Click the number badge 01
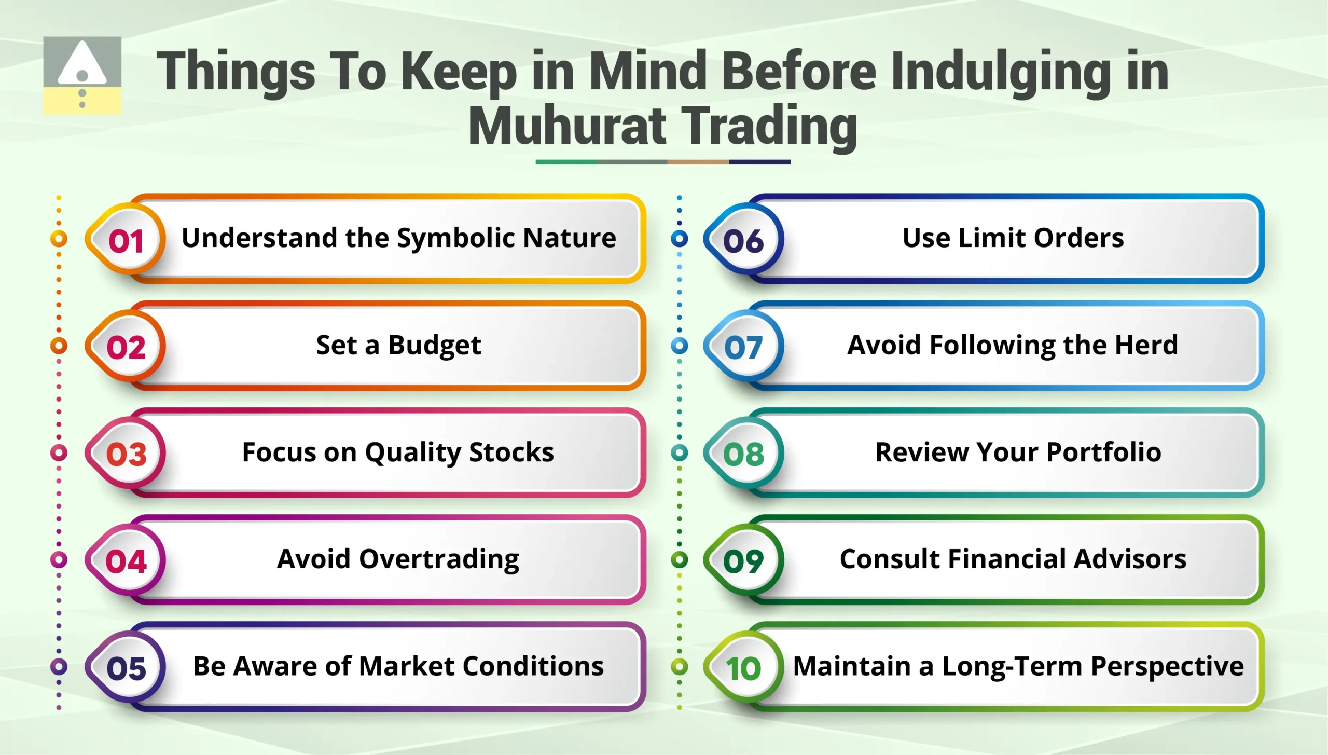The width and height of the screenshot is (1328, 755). click(x=126, y=240)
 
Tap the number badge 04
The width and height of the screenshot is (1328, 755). click(x=126, y=560)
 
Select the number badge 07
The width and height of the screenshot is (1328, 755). click(x=743, y=347)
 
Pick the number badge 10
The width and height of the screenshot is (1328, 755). click(x=743, y=667)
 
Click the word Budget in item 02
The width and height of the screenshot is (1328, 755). click(x=434, y=346)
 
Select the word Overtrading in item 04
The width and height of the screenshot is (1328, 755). click(x=439, y=559)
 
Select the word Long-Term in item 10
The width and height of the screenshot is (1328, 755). click(x=1012, y=666)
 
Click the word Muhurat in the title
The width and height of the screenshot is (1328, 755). click(x=567, y=127)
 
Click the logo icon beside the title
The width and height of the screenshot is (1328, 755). click(x=82, y=75)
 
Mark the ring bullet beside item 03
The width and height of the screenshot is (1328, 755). click(x=59, y=452)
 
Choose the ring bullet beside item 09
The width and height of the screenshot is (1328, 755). click(x=679, y=559)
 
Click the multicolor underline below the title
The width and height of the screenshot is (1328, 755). click(x=662, y=162)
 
